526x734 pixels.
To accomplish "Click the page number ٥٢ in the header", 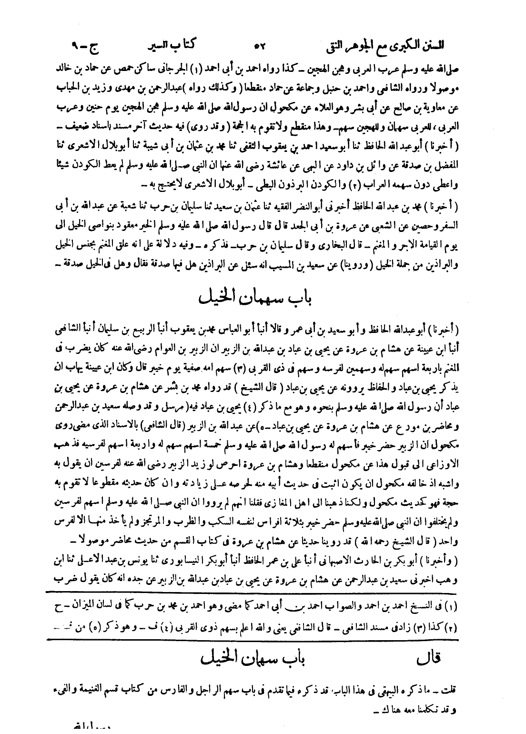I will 262,48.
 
